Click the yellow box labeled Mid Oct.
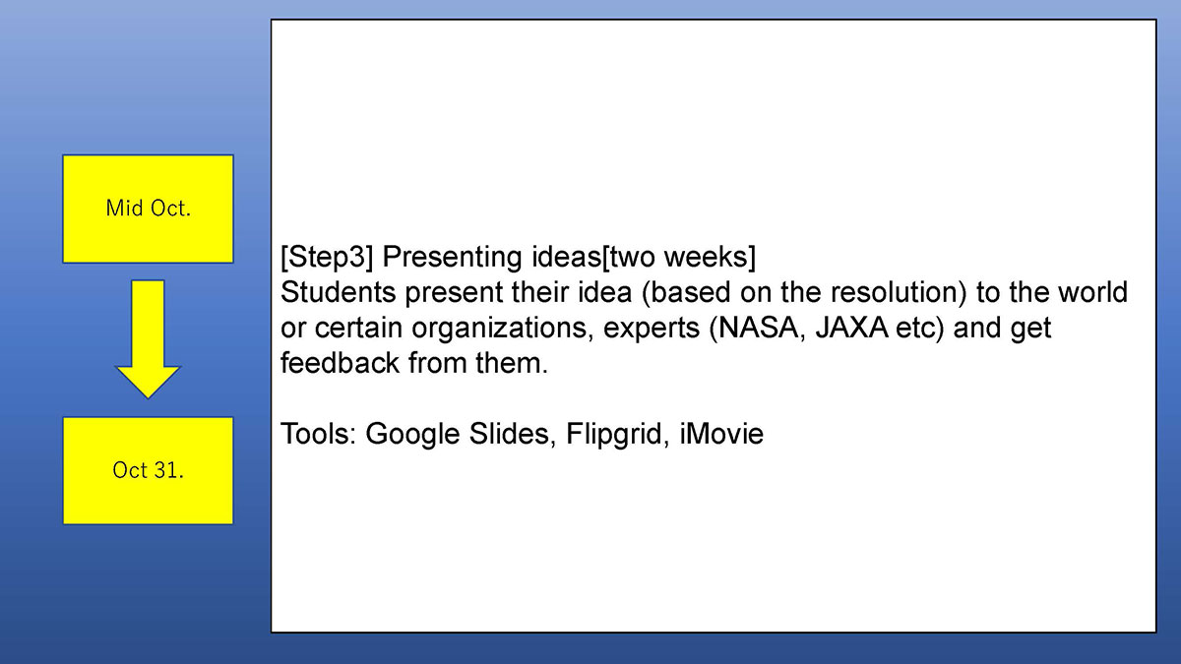[x=149, y=209]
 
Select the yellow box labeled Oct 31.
[x=149, y=470]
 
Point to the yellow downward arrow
[x=148, y=339]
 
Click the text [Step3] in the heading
[x=327, y=257]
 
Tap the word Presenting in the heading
[x=453, y=257]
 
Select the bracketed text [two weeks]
[x=678, y=257]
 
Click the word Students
[x=338, y=292]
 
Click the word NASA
[x=758, y=328]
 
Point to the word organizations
[x=498, y=329]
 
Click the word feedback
[x=341, y=363]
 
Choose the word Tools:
[x=318, y=434]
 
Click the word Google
[x=412, y=435]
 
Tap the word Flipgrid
[x=613, y=435]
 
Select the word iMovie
[x=721, y=434]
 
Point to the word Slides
[x=508, y=435]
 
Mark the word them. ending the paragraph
[x=512, y=363]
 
